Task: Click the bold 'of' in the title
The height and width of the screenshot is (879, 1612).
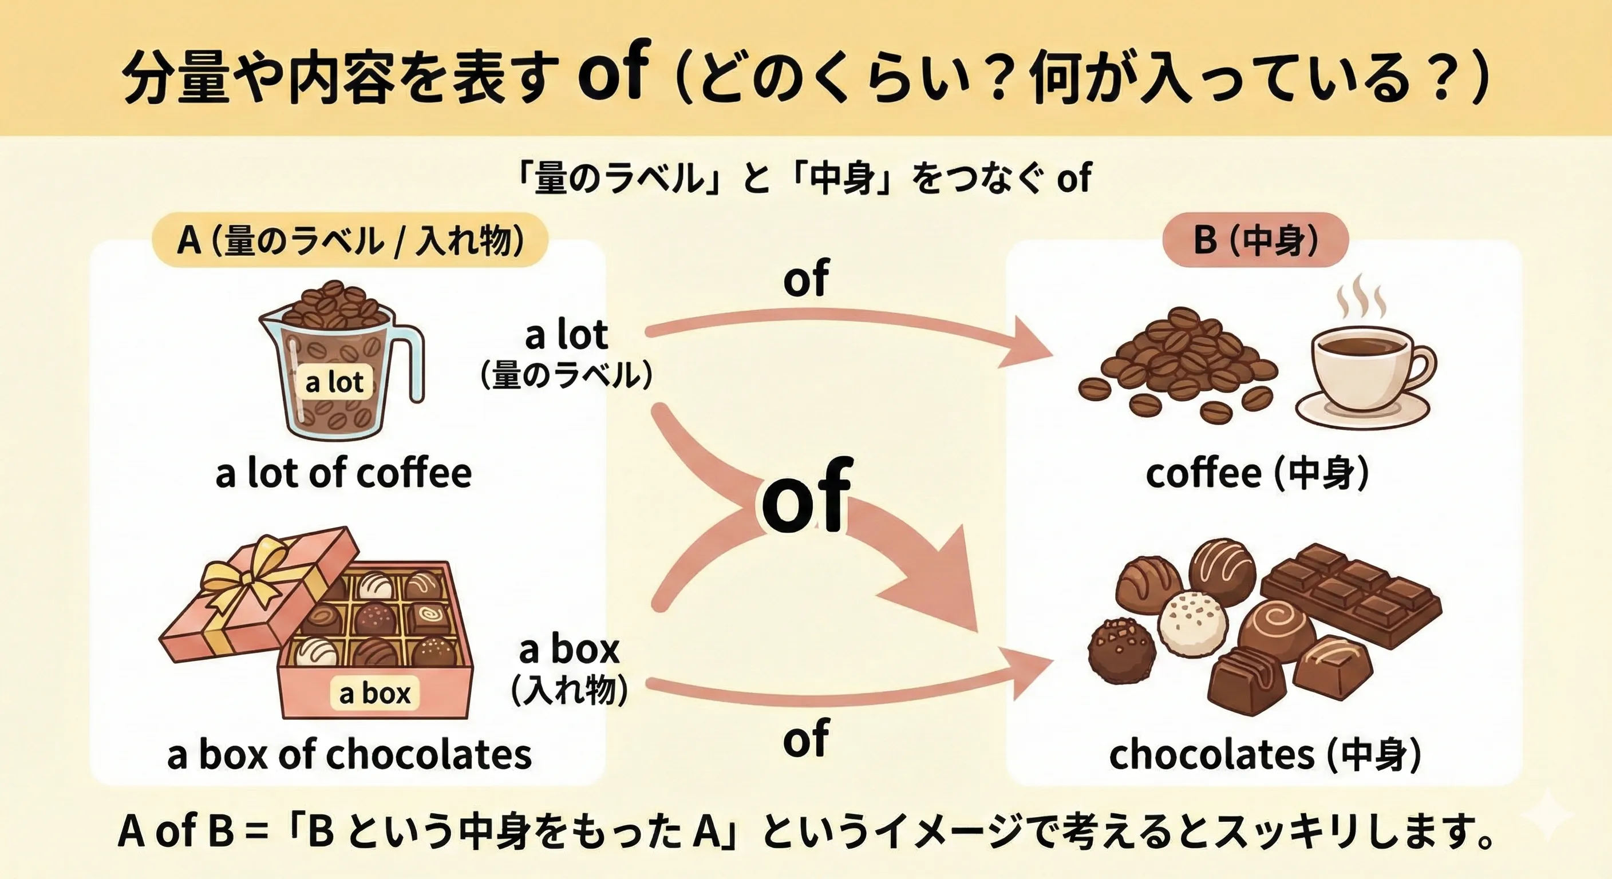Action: click(x=610, y=72)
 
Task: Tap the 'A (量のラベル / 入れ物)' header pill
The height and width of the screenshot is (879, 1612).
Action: click(x=350, y=240)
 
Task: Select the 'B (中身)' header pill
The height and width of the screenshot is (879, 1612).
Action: click(x=1255, y=240)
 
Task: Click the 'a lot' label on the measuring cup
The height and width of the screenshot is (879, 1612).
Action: click(x=334, y=382)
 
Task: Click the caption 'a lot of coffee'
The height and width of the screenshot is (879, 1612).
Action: click(x=343, y=474)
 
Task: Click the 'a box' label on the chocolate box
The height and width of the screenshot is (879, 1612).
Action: click(x=375, y=694)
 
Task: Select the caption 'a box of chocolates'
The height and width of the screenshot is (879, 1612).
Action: click(x=349, y=755)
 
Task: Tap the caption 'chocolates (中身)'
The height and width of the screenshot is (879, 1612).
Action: click(x=1265, y=755)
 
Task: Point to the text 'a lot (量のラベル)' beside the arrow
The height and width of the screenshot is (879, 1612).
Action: click(x=566, y=354)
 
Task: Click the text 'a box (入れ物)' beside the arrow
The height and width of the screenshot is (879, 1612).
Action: click(x=569, y=668)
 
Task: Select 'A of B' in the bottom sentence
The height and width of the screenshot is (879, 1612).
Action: click(x=176, y=832)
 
